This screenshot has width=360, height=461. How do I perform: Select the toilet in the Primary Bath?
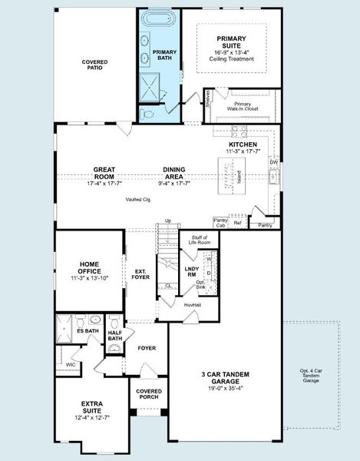coord(148,114)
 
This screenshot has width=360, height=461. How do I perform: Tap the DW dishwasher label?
coord(273,162)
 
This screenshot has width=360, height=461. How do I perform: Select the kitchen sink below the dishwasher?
coord(273,178)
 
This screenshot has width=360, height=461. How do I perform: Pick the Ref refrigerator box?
coord(238,223)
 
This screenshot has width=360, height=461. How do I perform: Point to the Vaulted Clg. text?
coord(138,199)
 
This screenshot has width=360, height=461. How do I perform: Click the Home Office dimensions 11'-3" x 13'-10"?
coord(88,276)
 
